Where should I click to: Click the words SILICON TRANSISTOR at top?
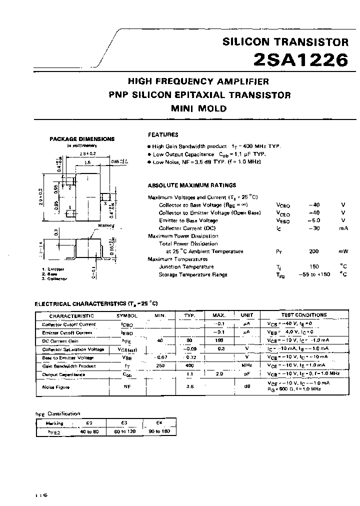tap(285, 42)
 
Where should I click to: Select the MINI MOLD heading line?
tap(199, 108)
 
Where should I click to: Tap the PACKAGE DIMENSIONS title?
tap(82, 139)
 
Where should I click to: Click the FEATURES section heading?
tap(163, 134)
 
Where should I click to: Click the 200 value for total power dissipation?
tap(314, 251)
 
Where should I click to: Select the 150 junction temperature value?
tap(314, 267)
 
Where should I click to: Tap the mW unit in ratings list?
tap(343, 251)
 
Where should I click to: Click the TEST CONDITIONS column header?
tap(304, 315)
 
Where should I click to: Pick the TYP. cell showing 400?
tap(189, 366)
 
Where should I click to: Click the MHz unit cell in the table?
tap(246, 366)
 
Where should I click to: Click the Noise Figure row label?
tap(56, 387)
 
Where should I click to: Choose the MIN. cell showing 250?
tap(160, 366)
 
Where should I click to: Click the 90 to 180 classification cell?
tap(159, 430)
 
